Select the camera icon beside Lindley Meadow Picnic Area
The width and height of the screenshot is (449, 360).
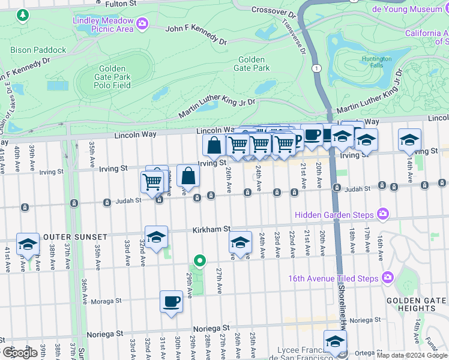point(142,24)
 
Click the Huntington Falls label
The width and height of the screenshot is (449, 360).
point(376,63)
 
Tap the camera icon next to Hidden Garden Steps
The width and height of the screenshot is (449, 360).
point(383,214)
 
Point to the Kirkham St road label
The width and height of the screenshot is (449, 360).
point(211,229)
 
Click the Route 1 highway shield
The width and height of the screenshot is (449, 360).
point(316,68)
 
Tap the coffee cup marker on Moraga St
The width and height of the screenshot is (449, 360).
point(171,301)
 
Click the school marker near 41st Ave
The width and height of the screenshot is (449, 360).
point(28,244)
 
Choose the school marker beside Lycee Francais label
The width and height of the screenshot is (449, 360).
point(335,341)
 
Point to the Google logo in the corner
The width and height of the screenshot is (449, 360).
point(20,353)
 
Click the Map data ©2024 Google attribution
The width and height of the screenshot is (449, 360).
point(412,355)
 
